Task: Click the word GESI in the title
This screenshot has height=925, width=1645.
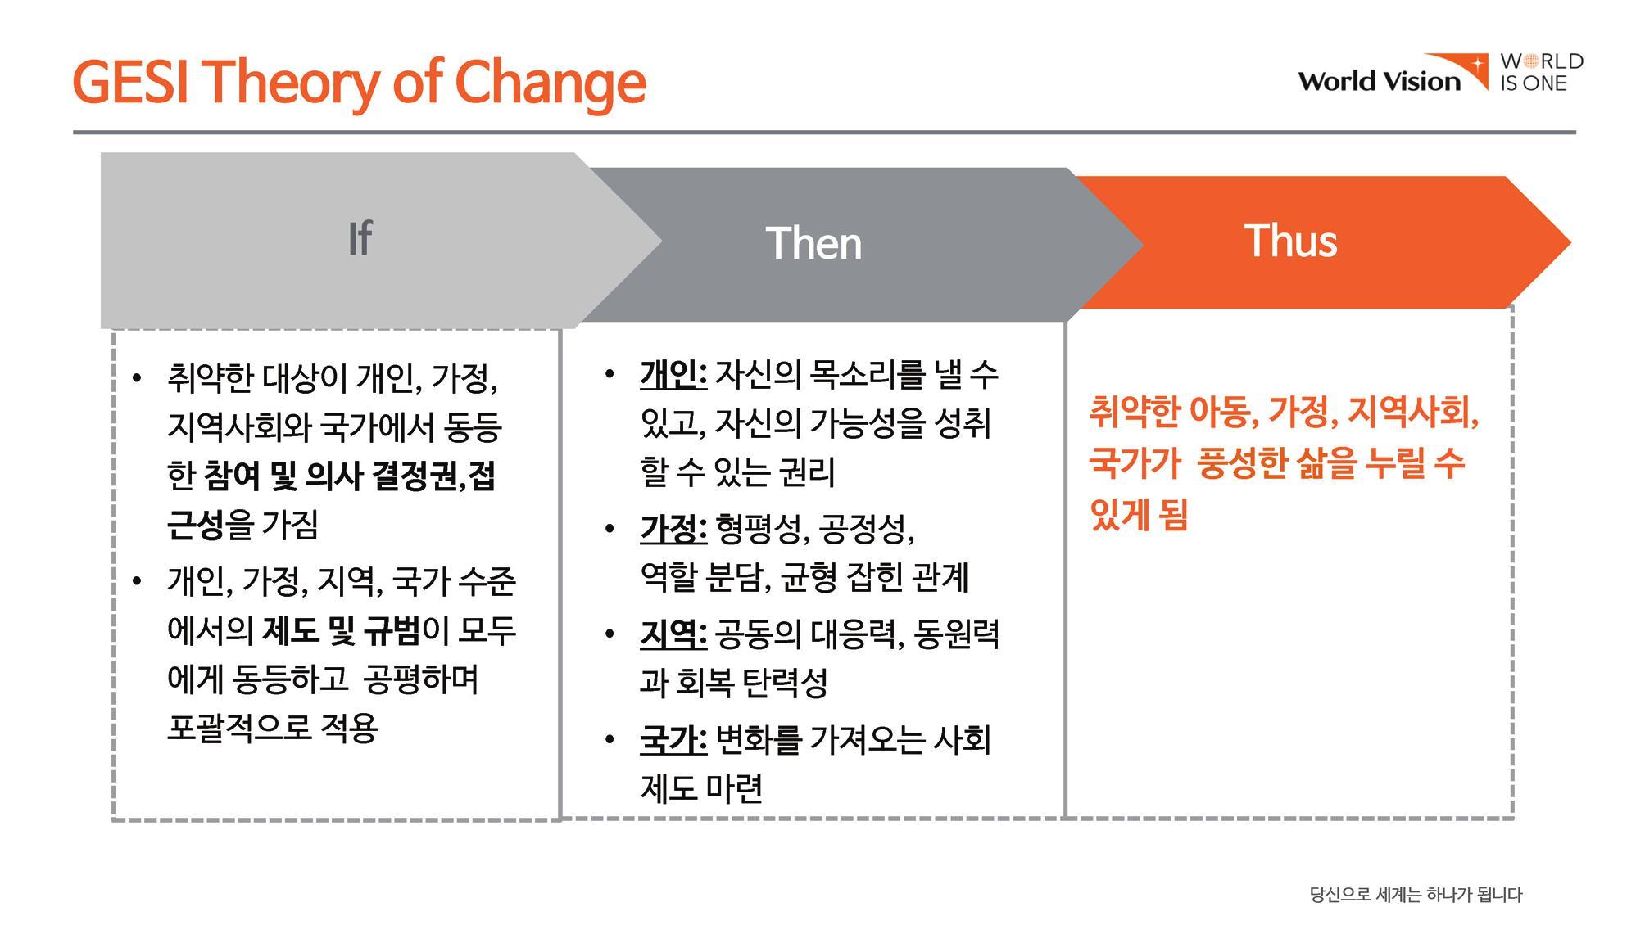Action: point(131,82)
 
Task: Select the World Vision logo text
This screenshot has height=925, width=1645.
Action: point(1380,81)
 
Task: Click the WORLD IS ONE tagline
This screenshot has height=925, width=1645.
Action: point(1542,72)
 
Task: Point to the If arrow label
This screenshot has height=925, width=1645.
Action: point(360,238)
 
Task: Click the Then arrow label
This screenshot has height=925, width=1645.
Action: point(813,243)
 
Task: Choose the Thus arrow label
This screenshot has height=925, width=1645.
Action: point(1290,241)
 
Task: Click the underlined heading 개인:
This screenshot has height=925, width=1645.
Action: point(673,375)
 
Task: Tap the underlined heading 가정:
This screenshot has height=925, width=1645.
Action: point(673,529)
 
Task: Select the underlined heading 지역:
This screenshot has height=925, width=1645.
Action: point(673,634)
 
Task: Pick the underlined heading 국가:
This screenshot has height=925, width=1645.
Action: point(673,740)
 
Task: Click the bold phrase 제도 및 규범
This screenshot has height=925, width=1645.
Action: point(341,630)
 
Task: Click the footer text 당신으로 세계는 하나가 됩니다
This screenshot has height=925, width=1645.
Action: point(1416,895)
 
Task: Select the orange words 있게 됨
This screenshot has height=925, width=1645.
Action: point(1139,515)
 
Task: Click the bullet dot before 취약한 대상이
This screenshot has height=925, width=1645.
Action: point(137,378)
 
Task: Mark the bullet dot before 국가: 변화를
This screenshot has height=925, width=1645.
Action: point(610,741)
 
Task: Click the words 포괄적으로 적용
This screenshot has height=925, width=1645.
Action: point(272,728)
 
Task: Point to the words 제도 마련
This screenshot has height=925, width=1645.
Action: point(701,788)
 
